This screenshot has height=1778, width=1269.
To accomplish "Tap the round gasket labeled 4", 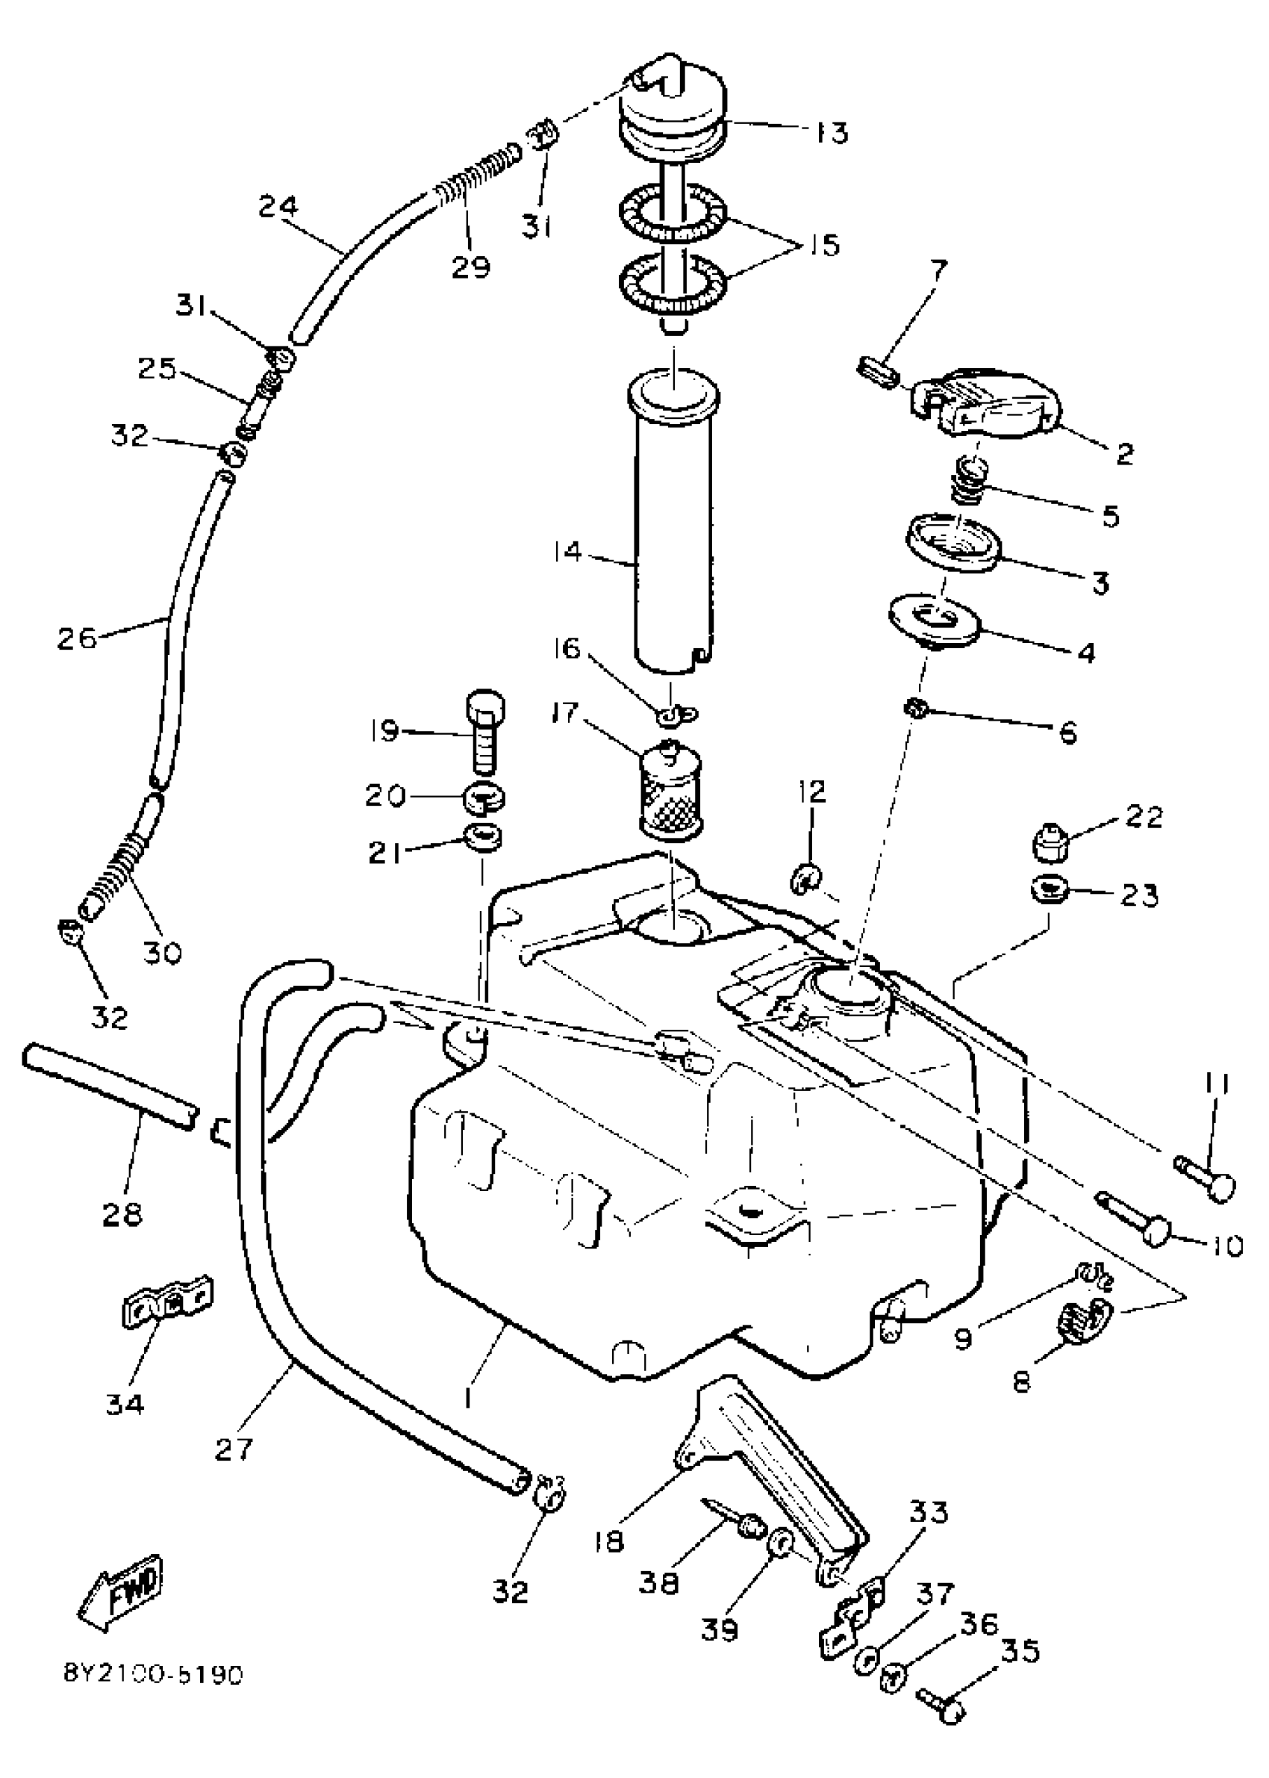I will (935, 621).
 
